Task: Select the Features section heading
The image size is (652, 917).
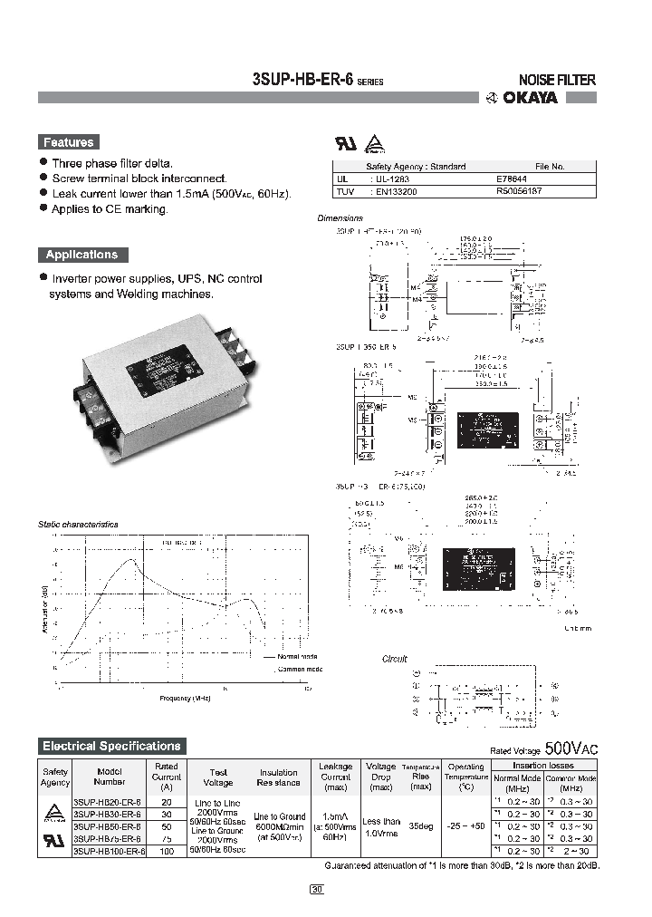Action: (x=68, y=142)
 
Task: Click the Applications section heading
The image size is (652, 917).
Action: (x=82, y=255)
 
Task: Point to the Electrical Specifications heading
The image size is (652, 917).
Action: (x=111, y=747)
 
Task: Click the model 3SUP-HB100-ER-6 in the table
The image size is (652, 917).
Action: (x=109, y=853)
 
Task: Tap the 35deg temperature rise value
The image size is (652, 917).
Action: (x=421, y=826)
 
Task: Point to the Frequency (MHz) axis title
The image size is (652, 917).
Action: (x=185, y=699)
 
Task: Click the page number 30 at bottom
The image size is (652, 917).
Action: (x=316, y=890)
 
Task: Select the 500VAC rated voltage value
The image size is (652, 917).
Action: (x=570, y=749)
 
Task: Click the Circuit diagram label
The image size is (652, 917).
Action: (x=395, y=659)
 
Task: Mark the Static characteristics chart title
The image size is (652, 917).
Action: (x=78, y=524)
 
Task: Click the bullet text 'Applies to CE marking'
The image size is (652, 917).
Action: (x=110, y=209)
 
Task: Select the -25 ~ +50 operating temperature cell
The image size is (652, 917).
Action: (x=466, y=826)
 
